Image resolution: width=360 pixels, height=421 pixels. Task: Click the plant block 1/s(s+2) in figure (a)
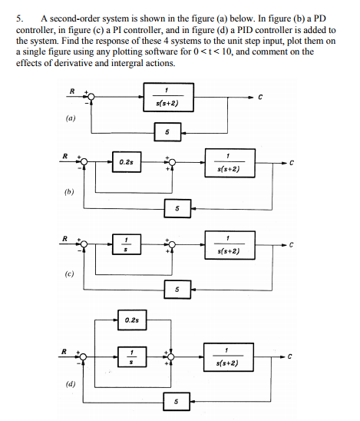click(167, 98)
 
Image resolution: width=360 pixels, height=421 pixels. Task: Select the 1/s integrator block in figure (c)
click(125, 244)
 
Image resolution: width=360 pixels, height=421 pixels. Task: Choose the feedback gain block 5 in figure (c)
click(177, 289)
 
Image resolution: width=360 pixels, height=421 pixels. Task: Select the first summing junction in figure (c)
click(86, 244)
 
